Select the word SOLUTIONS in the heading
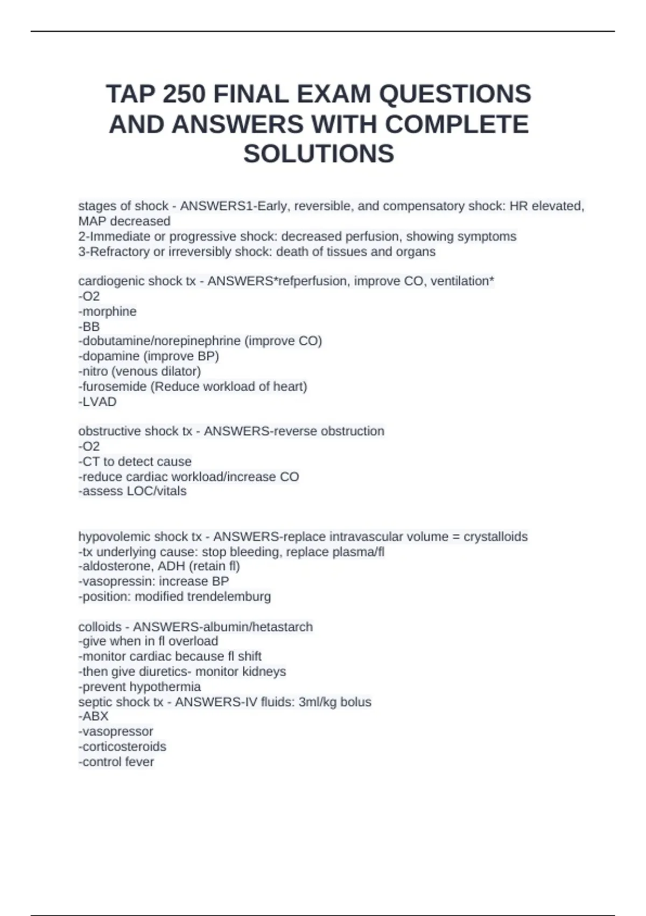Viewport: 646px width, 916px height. click(x=319, y=154)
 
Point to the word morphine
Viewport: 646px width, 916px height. click(x=109, y=311)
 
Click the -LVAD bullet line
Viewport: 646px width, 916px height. click(x=97, y=402)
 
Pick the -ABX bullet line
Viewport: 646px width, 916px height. click(x=94, y=717)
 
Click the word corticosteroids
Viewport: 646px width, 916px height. click(x=124, y=747)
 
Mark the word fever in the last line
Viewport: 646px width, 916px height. click(x=140, y=762)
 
